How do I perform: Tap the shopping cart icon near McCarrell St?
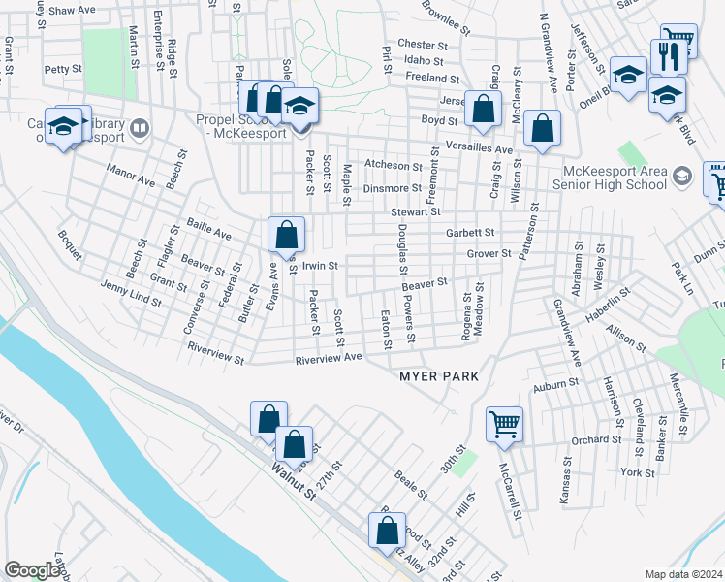(505, 424)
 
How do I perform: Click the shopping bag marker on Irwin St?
(287, 234)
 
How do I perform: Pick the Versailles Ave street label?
(482, 149)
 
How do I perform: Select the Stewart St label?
(416, 211)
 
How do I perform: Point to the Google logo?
(32, 570)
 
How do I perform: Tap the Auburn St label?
(554, 384)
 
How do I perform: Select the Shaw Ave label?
(73, 10)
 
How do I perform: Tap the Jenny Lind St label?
(131, 294)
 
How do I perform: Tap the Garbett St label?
(470, 233)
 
